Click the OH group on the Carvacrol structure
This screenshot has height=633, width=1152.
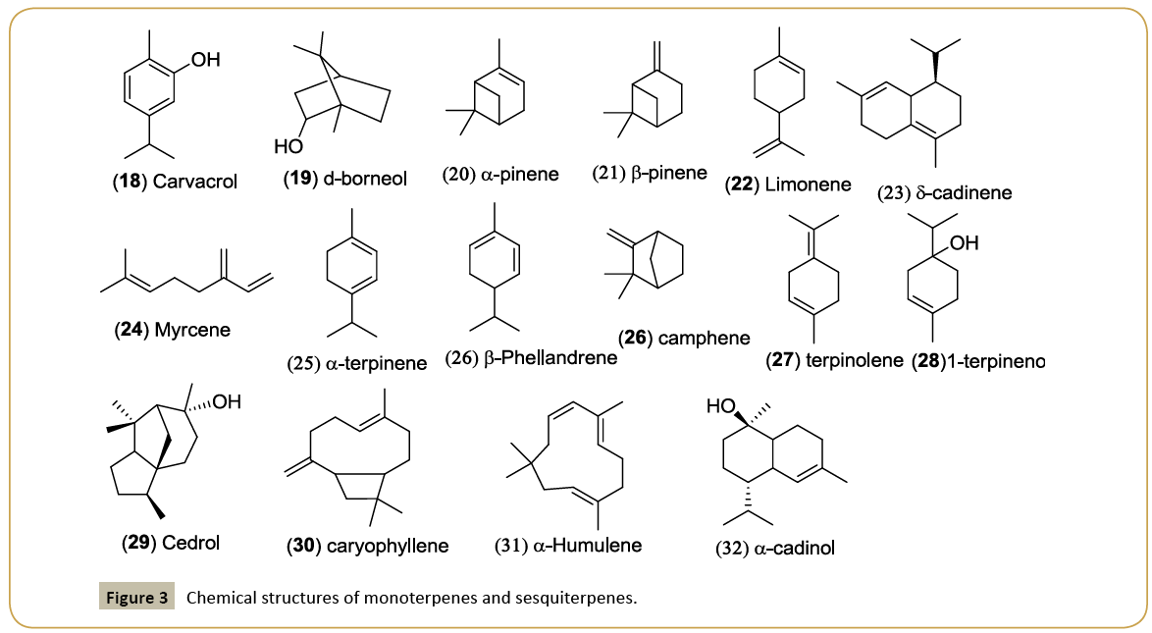[205, 61]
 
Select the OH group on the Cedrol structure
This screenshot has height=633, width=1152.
[227, 400]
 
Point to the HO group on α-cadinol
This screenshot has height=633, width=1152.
[721, 404]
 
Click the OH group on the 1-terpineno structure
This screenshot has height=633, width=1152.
[965, 241]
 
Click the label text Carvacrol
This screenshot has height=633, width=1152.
[195, 182]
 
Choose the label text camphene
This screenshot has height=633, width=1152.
[705, 338]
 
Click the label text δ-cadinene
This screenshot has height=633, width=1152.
[962, 193]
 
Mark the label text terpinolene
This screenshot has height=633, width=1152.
[855, 360]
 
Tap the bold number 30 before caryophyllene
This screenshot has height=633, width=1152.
[303, 545]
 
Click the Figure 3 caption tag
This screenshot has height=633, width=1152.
[136, 597]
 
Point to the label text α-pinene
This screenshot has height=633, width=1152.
[518, 174]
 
